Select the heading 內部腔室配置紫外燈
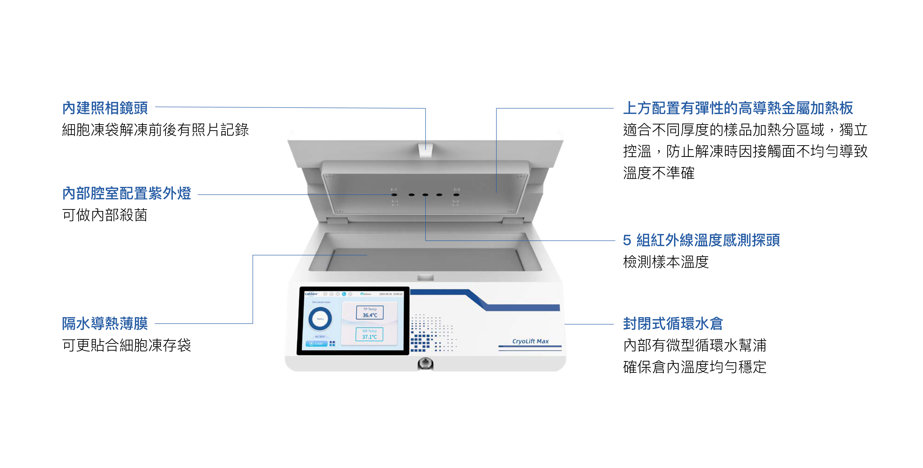[x=126, y=193]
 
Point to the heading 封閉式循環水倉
[x=673, y=323]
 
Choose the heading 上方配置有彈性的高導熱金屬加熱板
[x=738, y=108]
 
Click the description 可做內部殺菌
[x=105, y=215]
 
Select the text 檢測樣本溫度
[x=666, y=262]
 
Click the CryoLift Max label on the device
[x=530, y=341]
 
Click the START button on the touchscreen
[x=316, y=343]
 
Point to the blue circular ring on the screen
[x=320, y=319]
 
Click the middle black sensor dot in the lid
[x=425, y=195]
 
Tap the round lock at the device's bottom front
[x=425, y=363]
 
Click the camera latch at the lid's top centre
[x=425, y=150]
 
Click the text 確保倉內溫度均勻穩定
[x=694, y=367]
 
